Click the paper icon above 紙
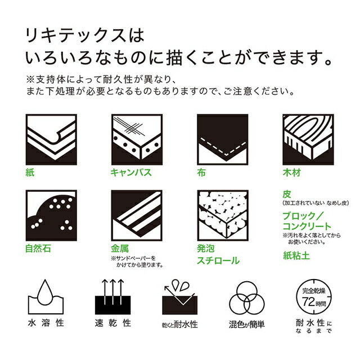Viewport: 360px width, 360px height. (52, 140)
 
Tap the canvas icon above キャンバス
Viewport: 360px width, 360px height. (137, 140)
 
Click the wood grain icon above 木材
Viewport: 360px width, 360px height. (307, 140)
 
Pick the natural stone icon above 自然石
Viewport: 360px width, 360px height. (52, 215)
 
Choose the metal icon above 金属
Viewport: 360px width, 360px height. (137, 215)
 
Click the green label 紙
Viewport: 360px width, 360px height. (30, 173)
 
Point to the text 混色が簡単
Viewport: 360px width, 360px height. (247, 325)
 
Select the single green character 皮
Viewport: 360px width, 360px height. (286, 193)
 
